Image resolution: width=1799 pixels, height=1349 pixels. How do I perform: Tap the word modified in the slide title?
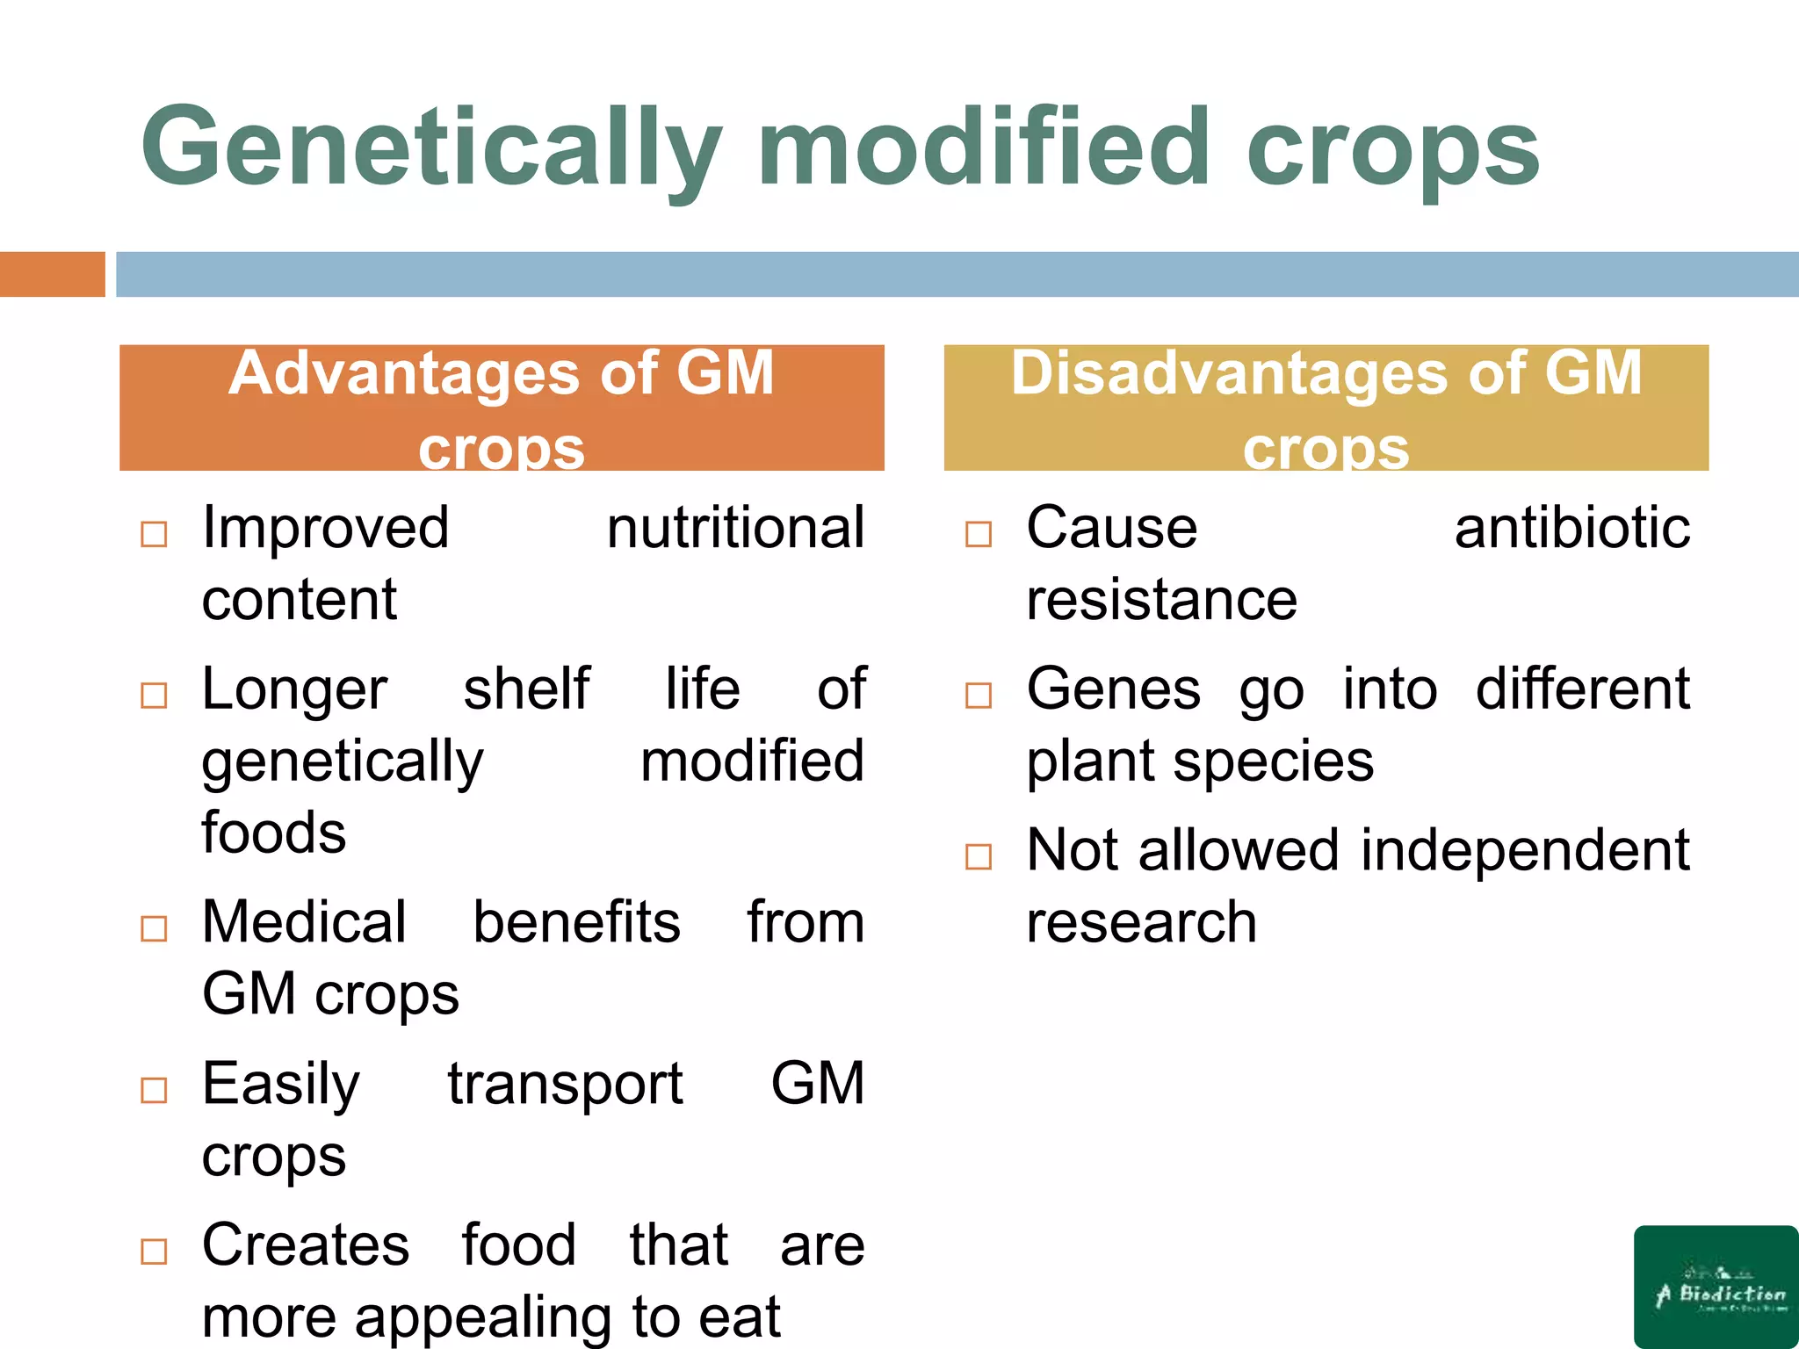tap(982, 148)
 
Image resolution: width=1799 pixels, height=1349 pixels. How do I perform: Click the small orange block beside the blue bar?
tap(52, 274)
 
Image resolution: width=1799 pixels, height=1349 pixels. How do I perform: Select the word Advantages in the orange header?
tap(404, 374)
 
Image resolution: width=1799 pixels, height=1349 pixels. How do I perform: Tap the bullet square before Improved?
tap(154, 534)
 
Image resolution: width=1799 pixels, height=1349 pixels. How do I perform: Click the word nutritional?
tap(735, 529)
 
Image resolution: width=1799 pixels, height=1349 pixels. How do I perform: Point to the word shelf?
tap(526, 689)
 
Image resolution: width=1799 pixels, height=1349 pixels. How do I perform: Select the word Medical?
tap(304, 923)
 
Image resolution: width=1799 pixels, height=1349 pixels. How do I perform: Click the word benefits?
tap(576, 923)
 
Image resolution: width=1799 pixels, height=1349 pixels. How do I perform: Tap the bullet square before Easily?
tap(154, 1090)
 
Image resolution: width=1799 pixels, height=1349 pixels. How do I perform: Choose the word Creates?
tap(306, 1245)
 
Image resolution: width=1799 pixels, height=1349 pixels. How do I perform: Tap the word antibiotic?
tap(1571, 529)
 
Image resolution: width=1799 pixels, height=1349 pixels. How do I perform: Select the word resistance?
tap(1161, 601)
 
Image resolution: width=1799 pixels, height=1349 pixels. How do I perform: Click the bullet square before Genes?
tap(978, 696)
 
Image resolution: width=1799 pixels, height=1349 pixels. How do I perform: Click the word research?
tap(1141, 923)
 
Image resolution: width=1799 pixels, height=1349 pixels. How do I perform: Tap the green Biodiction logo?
tap(1716, 1286)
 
